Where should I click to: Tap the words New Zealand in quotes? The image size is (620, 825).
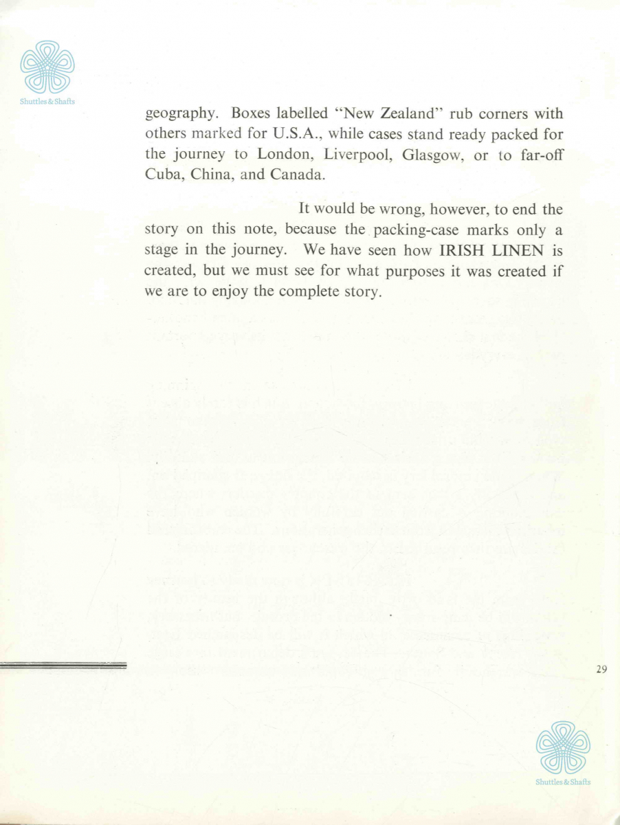point(379,113)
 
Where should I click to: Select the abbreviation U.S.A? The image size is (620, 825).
point(278,132)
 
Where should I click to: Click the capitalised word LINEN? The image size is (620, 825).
point(516,250)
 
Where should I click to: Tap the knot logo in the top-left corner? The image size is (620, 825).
point(47,67)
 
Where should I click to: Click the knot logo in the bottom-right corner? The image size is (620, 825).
point(563,747)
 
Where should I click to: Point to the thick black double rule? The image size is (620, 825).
point(64,665)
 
